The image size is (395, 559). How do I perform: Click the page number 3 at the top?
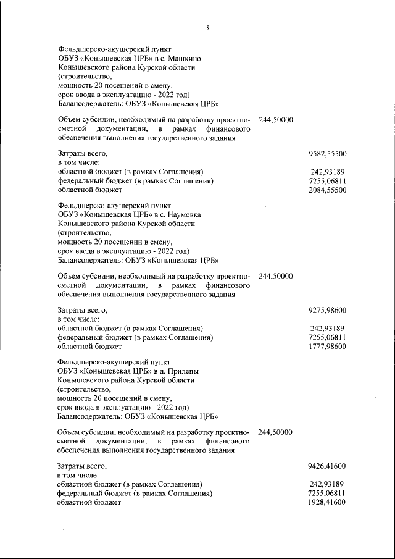tap(207, 28)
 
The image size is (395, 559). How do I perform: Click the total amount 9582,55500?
tap(326, 152)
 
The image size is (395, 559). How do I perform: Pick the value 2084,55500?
tap(326, 190)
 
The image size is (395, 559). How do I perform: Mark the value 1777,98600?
tap(326, 347)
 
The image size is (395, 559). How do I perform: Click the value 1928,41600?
tap(326, 503)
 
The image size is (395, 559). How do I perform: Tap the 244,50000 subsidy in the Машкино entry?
tap(276, 119)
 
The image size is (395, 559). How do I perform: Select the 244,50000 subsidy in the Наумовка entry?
tap(276, 275)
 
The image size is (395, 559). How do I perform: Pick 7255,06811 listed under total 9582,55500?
tap(326, 181)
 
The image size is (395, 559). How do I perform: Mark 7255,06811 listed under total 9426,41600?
tap(326, 494)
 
